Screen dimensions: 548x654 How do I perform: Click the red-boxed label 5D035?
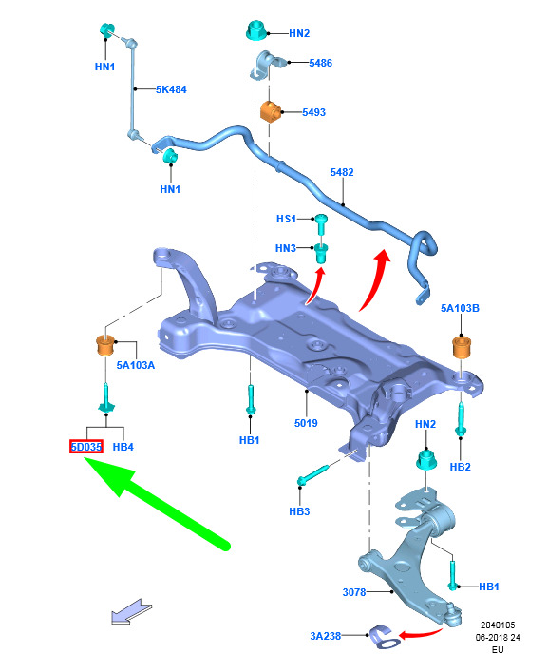pos(86,447)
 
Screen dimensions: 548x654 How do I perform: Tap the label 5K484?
pos(171,89)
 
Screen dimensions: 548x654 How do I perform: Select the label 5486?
pos(320,63)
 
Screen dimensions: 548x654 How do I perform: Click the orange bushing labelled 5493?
pos(270,111)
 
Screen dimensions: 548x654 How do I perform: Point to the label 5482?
pos(342,172)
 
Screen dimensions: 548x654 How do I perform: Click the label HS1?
pos(286,219)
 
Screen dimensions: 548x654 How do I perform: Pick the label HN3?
pos(286,248)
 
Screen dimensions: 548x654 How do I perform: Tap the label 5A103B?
pos(460,308)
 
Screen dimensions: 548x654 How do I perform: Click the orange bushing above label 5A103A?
pos(105,344)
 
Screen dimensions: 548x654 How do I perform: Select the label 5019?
pos(306,423)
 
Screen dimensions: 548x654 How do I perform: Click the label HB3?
pos(299,511)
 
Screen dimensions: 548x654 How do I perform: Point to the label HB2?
pos(460,467)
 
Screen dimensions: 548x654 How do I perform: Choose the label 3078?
pos(354,592)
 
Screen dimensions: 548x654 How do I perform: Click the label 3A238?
pos(326,636)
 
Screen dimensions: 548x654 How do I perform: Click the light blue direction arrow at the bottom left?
pos(131,612)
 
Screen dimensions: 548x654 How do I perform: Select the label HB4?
pos(123,447)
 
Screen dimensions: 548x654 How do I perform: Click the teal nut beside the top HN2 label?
pos(255,30)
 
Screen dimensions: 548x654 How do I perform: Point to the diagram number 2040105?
pos(498,625)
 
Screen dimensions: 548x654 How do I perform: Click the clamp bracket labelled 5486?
pos(267,65)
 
